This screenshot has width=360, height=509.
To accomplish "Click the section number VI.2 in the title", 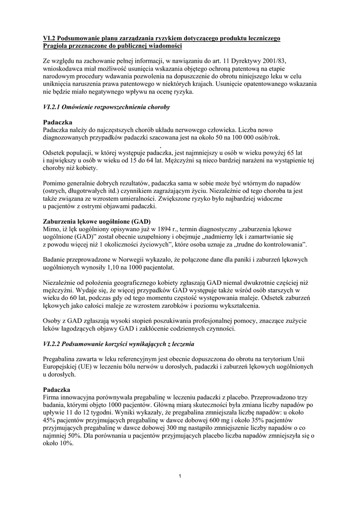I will pos(49,38).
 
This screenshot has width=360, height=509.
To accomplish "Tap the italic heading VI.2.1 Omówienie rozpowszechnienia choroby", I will pos(106,107).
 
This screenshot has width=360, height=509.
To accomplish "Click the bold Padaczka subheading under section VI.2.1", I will pos(58,122).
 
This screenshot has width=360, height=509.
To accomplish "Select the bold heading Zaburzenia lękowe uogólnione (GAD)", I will pos(97,221).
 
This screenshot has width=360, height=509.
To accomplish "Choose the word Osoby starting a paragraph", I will pos(53,321).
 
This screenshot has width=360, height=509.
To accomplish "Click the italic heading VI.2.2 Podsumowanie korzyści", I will pos(118,344).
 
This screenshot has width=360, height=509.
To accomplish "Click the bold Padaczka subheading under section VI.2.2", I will pos(58,390).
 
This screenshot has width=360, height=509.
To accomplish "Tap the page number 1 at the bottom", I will pos(180,477).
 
